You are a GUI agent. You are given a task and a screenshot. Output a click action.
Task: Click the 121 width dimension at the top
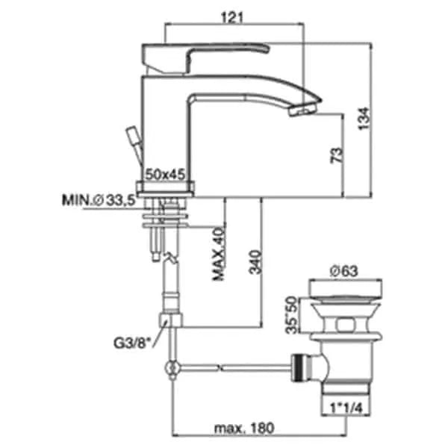(x=232, y=18)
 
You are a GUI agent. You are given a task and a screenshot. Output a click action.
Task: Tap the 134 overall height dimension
(x=364, y=119)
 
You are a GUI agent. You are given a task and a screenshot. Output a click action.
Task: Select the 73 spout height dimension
(x=337, y=155)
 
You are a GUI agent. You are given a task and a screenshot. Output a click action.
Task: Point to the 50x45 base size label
(x=166, y=174)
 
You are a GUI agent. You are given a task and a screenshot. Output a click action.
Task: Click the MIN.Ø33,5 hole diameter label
(x=99, y=200)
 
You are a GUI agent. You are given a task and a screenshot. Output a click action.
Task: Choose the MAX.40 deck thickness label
(x=219, y=254)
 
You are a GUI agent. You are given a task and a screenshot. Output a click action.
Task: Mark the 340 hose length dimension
(x=255, y=262)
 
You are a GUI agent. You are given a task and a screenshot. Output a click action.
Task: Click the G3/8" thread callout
(x=131, y=343)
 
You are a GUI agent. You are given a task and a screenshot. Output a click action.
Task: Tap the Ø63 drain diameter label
(x=344, y=271)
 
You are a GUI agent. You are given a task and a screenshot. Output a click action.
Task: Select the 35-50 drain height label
(x=292, y=315)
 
